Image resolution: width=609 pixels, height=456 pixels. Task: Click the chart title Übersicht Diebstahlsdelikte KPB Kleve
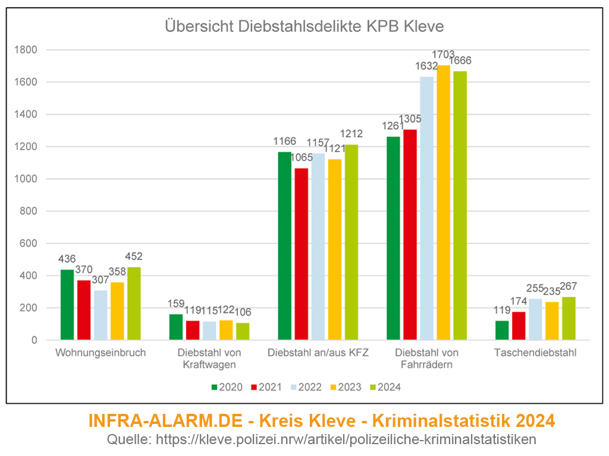pos(304,27)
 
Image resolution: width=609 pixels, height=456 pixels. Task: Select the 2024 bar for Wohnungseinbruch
pos(134,303)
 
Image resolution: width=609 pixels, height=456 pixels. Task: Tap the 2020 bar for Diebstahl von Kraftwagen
pos(177,327)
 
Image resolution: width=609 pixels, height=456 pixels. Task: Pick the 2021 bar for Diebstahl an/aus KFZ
pos(302,254)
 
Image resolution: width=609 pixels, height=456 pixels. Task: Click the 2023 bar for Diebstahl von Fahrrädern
pos(443,202)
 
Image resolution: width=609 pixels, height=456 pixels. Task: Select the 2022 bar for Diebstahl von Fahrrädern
pos(426,208)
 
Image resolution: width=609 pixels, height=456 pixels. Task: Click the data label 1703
pos(443,55)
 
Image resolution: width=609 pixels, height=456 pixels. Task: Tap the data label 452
pos(134,256)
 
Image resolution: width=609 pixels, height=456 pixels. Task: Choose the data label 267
pos(569,286)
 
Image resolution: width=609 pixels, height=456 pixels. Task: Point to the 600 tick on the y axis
pos(28,243)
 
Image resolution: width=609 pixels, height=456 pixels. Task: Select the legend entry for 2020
pos(227,387)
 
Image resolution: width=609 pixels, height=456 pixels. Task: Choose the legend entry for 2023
pos(346,387)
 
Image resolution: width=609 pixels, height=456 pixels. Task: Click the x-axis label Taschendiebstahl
pos(535,353)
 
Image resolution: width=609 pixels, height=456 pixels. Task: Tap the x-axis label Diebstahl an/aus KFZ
pos(318,353)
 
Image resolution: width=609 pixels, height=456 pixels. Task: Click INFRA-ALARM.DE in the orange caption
pos(165,421)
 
